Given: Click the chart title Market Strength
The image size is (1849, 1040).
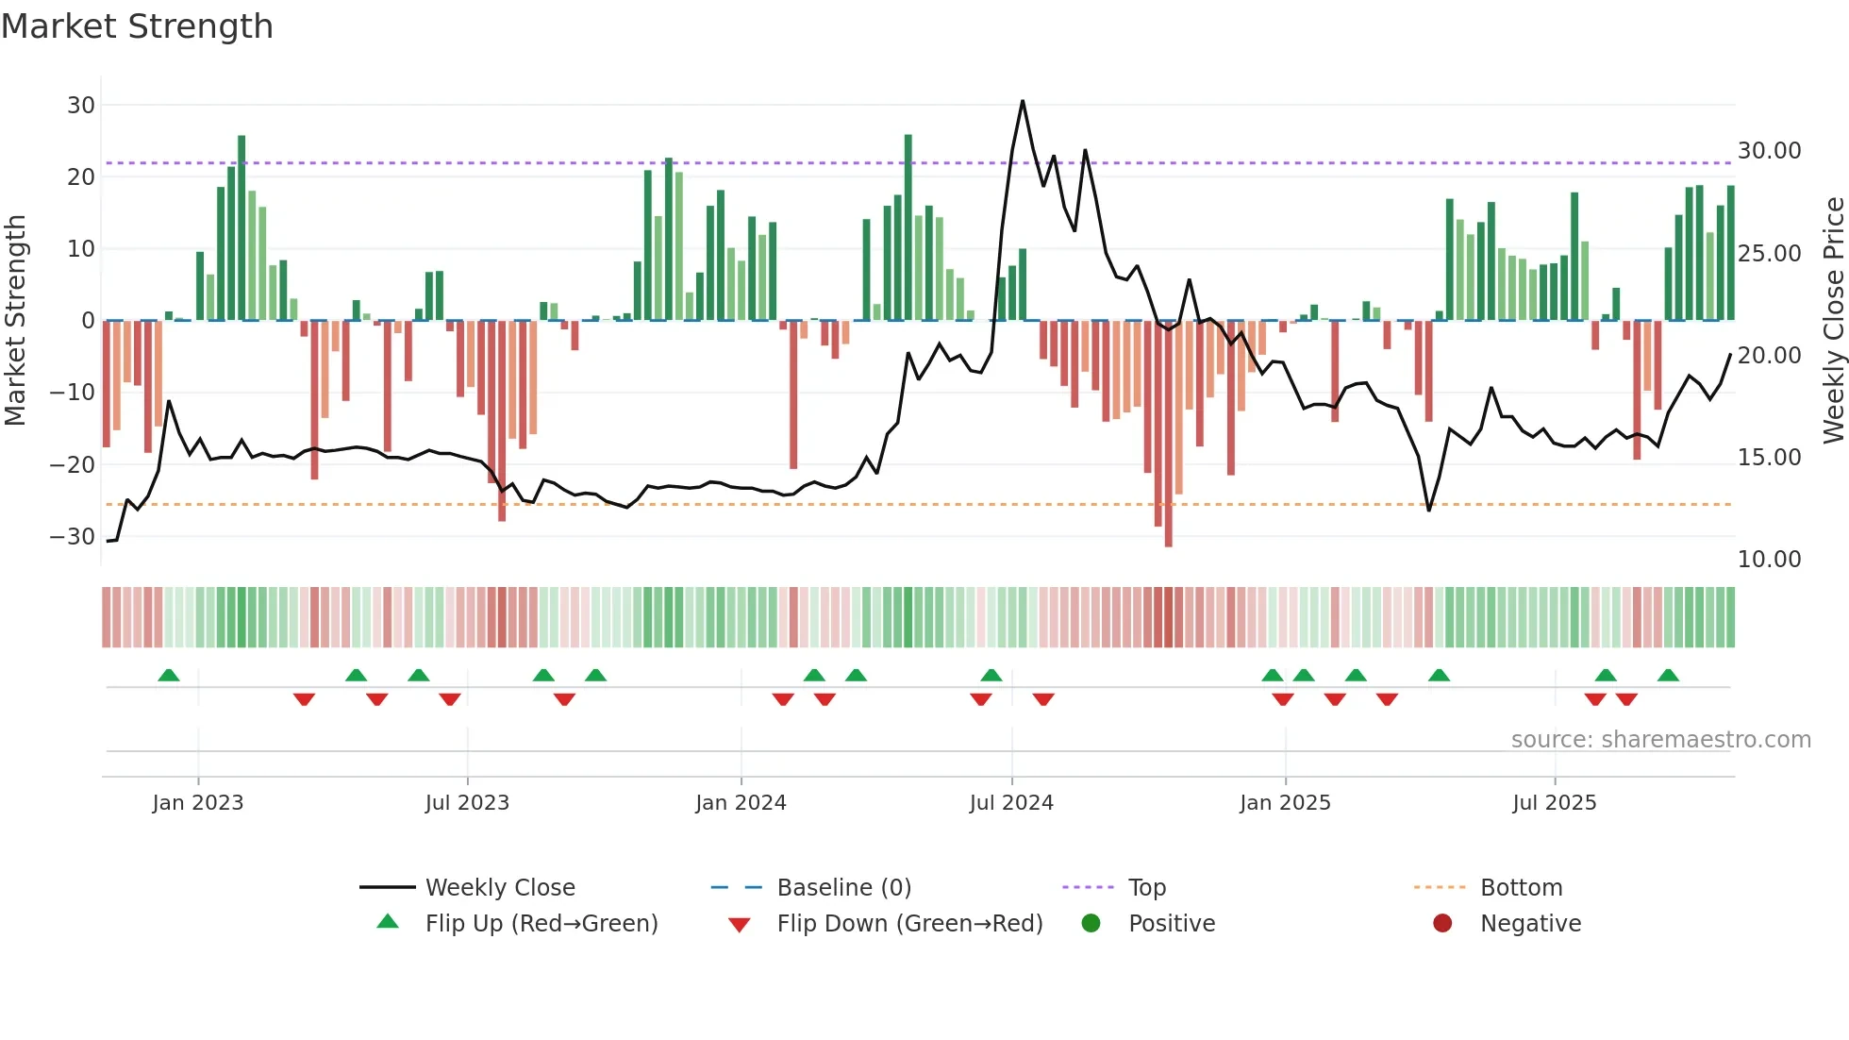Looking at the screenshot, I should (137, 26).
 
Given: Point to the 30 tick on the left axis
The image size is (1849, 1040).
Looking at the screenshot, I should (81, 105).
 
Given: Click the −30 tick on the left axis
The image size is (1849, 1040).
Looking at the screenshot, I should (73, 536).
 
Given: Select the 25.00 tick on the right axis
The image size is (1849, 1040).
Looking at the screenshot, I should (1769, 253).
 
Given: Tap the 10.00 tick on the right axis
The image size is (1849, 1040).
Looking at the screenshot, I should (1769, 559).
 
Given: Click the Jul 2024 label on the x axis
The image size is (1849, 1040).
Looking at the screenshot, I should (1011, 803).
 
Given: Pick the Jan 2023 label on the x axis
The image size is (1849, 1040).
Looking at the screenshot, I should (198, 803).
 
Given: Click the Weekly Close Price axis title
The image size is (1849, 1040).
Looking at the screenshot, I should (1833, 320).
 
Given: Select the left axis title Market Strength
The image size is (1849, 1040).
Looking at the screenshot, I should (15, 320).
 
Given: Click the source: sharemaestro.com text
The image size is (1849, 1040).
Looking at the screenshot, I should (1660, 740).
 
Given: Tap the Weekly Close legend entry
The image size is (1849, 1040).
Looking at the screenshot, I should (500, 888).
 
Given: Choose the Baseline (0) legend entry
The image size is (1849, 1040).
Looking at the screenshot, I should (843, 888).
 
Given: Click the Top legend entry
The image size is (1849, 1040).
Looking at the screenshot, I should (1147, 888).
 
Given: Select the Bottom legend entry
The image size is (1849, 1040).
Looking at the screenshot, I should (1521, 888).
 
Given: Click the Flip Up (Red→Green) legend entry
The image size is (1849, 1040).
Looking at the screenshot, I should (541, 924).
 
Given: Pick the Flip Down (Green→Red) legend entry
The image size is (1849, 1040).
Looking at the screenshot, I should (909, 924).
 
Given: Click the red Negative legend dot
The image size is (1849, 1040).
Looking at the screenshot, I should (1442, 923).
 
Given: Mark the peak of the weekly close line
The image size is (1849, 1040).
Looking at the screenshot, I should (1023, 101).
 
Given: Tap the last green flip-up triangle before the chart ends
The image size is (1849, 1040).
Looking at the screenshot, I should (1668, 676).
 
